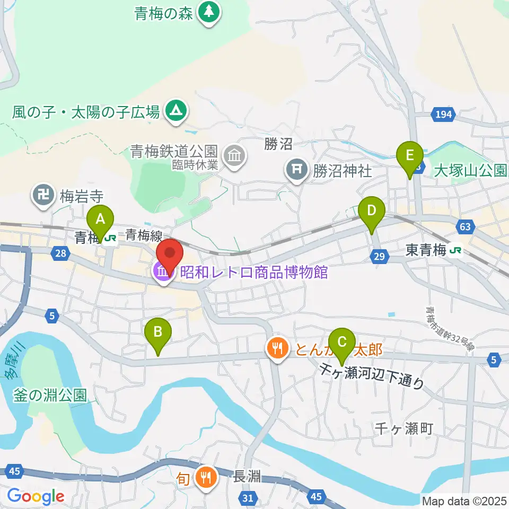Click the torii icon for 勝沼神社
click(x=296, y=171)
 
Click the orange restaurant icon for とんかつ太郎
click(x=277, y=349)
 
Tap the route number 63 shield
click(x=464, y=227)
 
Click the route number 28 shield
click(x=60, y=254)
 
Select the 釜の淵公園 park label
click(x=51, y=395)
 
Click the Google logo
click(x=36, y=496)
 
